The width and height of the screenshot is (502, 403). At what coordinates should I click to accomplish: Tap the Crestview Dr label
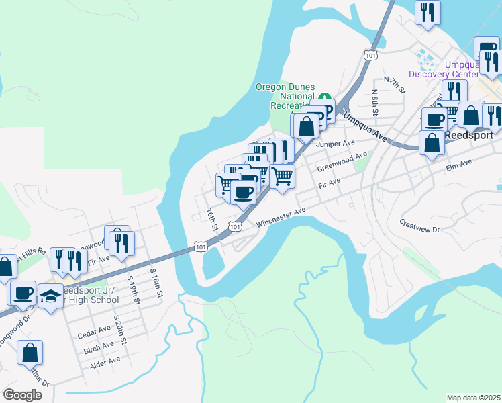pyautogui.click(x=419, y=225)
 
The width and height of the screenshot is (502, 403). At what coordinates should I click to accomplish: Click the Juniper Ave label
pyautogui.click(x=335, y=144)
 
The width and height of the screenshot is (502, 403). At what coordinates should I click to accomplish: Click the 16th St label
pyautogui.click(x=211, y=220)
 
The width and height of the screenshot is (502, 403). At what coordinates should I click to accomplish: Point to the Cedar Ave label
pyautogui.click(x=94, y=330)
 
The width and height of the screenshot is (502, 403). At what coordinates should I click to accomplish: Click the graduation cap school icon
pyautogui.click(x=50, y=296)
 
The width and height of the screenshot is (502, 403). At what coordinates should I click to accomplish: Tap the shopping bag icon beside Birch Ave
pyautogui.click(x=30, y=352)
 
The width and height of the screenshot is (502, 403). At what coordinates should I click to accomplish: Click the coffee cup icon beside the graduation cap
pyautogui.click(x=23, y=292)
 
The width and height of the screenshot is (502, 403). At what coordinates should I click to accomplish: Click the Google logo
pyautogui.click(x=22, y=395)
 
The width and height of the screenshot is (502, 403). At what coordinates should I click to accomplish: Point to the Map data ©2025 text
pyautogui.click(x=473, y=398)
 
